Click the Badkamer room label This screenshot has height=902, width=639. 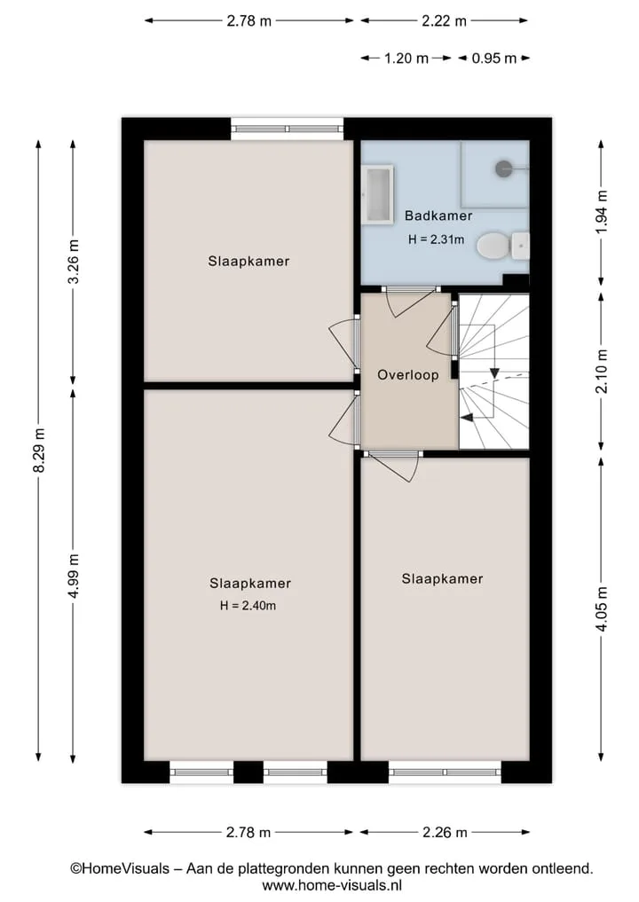[x=438, y=216]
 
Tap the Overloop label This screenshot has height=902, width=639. [x=408, y=375]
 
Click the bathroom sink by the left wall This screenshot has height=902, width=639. [x=378, y=193]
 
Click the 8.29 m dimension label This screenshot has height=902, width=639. [x=39, y=451]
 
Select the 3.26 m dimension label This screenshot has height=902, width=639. [x=74, y=262]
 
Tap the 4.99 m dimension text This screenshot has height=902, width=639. [x=74, y=576]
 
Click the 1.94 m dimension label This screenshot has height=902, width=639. [x=601, y=212]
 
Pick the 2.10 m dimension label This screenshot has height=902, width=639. [x=601, y=372]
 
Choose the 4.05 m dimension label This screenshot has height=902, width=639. [x=601, y=608]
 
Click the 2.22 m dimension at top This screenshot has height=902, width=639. [x=444, y=21]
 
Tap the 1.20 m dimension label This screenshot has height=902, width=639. [x=406, y=59]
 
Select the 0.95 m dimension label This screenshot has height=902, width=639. [x=494, y=59]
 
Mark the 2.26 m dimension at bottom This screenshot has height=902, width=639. [x=445, y=833]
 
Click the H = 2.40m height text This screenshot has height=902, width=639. [x=248, y=606]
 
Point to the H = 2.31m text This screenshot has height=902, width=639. [x=437, y=239]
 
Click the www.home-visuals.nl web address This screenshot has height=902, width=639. [x=332, y=885]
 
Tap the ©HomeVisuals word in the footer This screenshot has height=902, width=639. [x=120, y=868]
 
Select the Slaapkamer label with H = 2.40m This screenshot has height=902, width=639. [x=250, y=584]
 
